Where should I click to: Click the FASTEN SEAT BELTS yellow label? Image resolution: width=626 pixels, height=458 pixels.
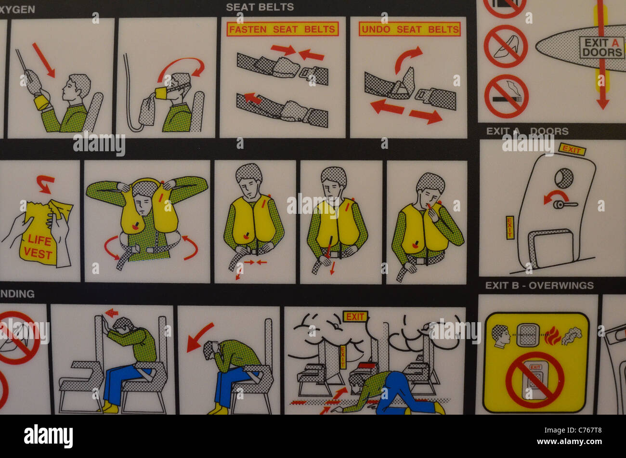click(x=283, y=29)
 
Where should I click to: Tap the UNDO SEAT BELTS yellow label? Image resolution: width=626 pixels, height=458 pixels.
click(x=409, y=29)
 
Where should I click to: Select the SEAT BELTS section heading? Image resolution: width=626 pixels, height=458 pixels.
click(x=260, y=7)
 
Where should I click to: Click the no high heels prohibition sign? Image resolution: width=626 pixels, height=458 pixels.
click(x=505, y=46)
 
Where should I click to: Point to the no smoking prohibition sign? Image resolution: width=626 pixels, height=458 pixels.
click(x=506, y=96)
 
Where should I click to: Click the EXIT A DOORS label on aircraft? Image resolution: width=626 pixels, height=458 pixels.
click(x=601, y=48)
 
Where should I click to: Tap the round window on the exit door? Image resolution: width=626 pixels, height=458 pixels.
click(x=563, y=178)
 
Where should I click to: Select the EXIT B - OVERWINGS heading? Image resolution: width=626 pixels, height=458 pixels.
click(x=539, y=285)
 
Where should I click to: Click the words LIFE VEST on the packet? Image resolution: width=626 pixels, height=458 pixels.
click(x=39, y=246)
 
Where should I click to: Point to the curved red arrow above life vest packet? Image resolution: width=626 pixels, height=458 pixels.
click(x=45, y=183)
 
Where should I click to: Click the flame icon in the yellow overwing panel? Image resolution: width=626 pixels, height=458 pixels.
click(x=552, y=336)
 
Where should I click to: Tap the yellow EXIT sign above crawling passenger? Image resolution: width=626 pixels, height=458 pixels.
click(x=355, y=316)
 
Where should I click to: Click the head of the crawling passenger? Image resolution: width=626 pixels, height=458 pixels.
click(x=357, y=381)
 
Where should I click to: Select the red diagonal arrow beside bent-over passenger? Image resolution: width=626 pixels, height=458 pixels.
click(x=199, y=337)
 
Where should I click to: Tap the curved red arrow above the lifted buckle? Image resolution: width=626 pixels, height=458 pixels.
click(x=408, y=58)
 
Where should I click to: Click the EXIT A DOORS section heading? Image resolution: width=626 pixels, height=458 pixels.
click(x=527, y=131)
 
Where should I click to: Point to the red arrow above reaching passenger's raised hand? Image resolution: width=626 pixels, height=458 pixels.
click(x=43, y=60)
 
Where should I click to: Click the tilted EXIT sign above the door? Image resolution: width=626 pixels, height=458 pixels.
click(x=572, y=149)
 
